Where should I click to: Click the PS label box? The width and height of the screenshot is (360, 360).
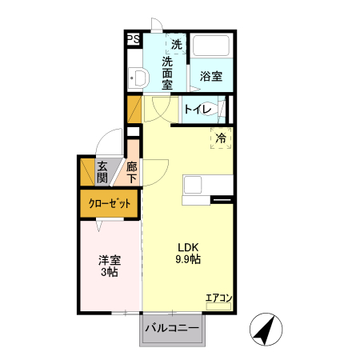(132, 38)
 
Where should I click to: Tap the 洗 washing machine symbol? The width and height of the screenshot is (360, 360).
(177, 44)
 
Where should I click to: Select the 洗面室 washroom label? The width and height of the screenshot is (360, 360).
(168, 72)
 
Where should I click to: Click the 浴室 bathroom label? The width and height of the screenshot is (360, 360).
(211, 77)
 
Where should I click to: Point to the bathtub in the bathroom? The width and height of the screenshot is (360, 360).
(212, 49)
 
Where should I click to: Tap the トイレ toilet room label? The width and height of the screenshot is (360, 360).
(198, 109)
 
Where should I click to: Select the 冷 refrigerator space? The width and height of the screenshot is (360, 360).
(221, 138)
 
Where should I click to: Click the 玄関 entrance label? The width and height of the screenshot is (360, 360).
(102, 172)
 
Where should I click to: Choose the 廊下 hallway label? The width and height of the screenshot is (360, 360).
(132, 173)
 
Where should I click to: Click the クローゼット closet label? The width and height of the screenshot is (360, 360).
(109, 204)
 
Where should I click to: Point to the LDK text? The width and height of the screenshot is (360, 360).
(188, 246)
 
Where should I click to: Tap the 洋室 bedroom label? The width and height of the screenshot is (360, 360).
(110, 260)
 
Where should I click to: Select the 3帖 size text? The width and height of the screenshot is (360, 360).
(110, 273)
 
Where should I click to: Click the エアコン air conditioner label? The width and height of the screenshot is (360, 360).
(218, 298)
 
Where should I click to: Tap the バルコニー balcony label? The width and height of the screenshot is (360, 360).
(172, 328)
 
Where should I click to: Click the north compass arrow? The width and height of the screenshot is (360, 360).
(268, 329)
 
